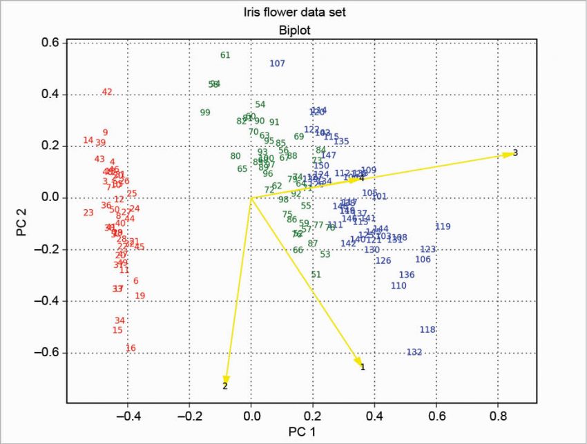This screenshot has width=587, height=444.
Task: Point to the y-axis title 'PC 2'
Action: click(x=21, y=224)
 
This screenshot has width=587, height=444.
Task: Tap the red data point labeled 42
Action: click(x=107, y=92)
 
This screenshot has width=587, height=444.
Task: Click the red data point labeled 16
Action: click(x=131, y=348)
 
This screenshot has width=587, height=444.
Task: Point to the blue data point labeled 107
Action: click(x=278, y=64)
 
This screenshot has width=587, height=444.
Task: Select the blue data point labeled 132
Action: click(x=414, y=352)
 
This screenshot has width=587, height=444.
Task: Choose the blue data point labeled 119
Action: click(x=443, y=226)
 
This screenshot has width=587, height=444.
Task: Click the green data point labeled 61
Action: click(x=225, y=55)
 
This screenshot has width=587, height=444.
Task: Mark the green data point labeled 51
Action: click(x=316, y=274)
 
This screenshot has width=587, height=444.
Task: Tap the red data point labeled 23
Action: click(x=88, y=213)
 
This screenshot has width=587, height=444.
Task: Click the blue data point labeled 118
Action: click(x=427, y=329)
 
